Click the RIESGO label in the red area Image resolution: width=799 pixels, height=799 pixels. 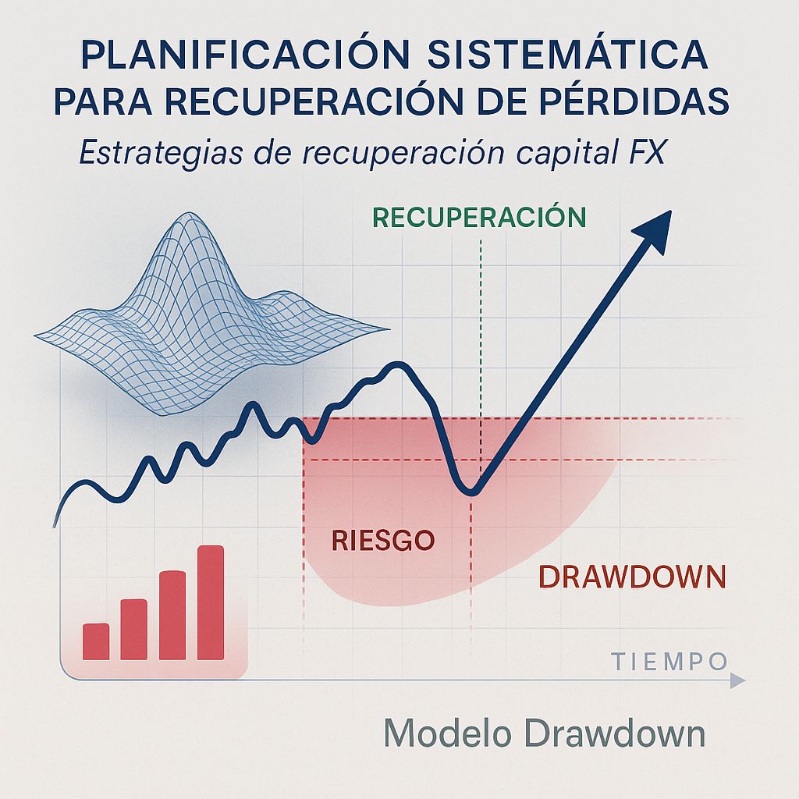(382, 540)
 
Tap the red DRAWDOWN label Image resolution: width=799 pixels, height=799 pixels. (632, 578)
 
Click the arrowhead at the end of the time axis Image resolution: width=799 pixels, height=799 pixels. (737, 681)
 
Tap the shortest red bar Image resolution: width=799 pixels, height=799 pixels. (96, 641)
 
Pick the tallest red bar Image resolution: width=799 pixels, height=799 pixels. (211, 602)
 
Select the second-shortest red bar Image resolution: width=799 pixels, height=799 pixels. (134, 629)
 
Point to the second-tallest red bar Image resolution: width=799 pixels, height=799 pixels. (172, 615)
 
